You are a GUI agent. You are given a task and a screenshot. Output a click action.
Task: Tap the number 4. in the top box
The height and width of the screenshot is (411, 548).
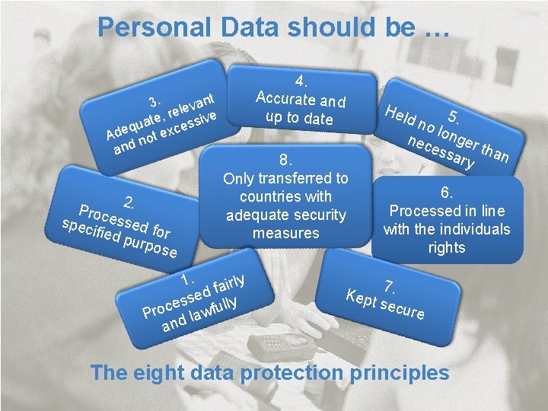301,81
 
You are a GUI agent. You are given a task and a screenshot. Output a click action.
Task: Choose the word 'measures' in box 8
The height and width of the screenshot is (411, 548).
285,233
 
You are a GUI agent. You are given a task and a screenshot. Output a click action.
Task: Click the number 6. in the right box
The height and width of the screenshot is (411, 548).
447,194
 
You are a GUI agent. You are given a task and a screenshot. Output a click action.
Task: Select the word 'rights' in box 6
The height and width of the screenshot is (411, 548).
447,247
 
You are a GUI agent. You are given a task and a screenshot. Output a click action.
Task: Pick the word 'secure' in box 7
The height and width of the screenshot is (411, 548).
403,309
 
